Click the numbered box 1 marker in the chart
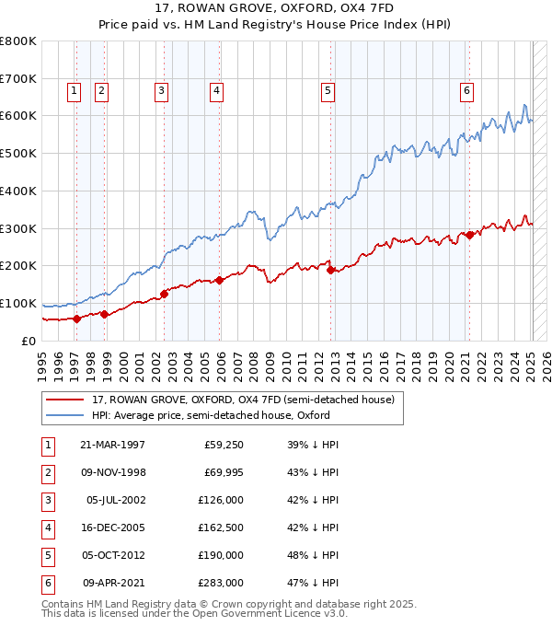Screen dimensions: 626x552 74,90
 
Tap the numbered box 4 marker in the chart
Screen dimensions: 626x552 215,90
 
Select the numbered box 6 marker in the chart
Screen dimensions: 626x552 467,90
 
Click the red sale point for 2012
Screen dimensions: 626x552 330,270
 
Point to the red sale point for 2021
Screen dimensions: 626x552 469,235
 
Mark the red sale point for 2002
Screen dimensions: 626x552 165,294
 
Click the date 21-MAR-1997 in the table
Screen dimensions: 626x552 112,445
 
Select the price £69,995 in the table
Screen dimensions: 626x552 222,472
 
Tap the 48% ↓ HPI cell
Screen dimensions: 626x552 314,555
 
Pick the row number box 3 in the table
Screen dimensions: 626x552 46,500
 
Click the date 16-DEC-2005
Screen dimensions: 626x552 112,527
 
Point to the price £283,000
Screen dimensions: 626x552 222,583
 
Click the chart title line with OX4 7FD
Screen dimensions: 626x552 276,11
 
